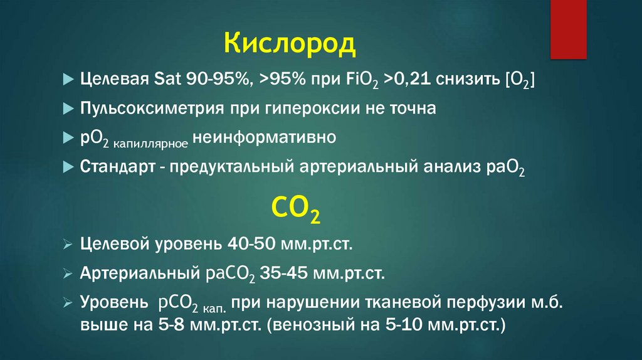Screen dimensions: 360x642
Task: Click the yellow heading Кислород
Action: [290, 45]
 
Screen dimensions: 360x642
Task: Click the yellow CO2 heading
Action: [296, 208]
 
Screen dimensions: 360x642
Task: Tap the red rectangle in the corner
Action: [568, 29]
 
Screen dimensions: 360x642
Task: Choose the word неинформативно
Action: [264, 137]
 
